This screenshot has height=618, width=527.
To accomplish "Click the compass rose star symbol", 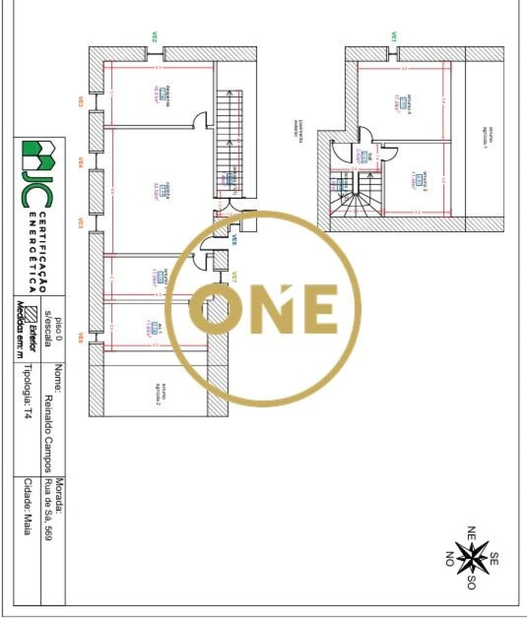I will click(472, 557).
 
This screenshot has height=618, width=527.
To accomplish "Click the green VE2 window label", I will click(156, 37).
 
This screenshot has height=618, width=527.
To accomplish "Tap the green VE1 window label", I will click(393, 37).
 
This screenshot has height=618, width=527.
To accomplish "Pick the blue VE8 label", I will click(234, 239).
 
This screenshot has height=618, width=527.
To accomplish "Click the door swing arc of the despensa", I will click(201, 119).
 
